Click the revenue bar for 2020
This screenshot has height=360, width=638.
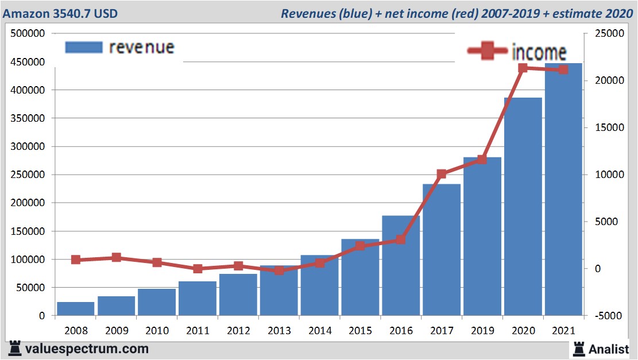523,207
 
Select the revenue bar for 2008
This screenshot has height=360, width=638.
75,309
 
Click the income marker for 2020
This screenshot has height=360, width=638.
523,68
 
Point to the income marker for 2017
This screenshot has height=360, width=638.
441,174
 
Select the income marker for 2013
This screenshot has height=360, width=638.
279,270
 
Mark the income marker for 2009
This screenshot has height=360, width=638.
116,257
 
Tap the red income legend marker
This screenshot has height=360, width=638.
488,51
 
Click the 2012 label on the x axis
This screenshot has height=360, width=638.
238,331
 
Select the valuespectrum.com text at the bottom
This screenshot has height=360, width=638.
87,349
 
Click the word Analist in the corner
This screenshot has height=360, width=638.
609,349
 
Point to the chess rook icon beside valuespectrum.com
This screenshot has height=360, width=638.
16,348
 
